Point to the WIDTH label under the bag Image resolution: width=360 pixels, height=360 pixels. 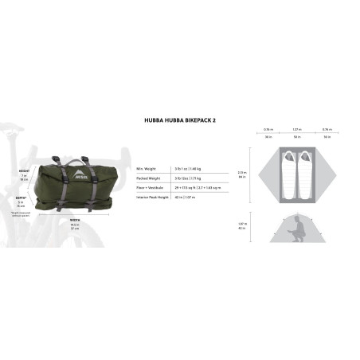point(74,219)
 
